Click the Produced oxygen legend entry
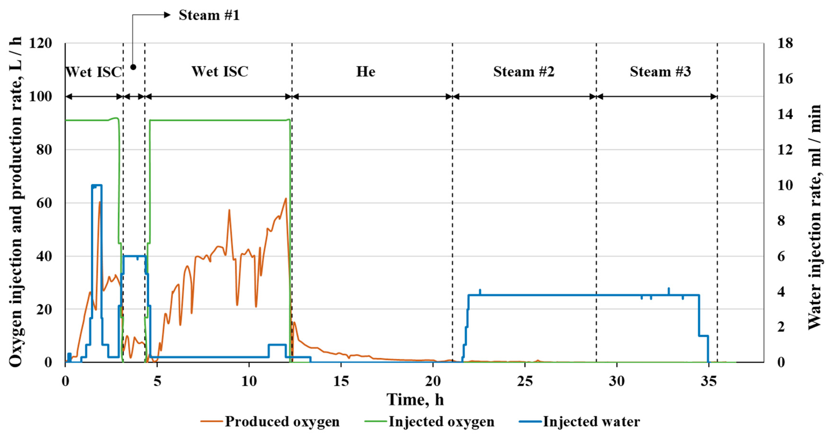point(270,422)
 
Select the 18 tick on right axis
point(785,43)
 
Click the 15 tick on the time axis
point(341,381)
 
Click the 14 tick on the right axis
point(785,114)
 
